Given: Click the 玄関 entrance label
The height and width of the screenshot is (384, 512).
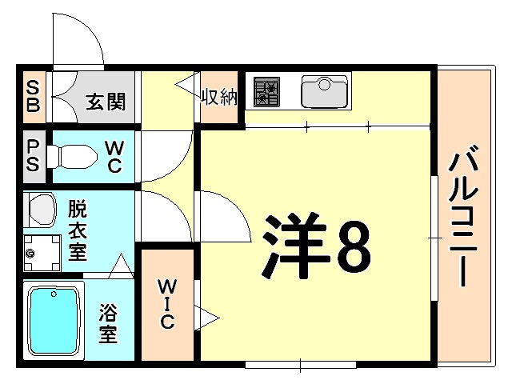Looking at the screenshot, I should [x=105, y=102].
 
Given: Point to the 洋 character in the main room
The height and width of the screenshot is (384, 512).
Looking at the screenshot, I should [x=293, y=244].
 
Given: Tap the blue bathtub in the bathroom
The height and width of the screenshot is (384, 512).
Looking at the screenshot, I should [x=54, y=319].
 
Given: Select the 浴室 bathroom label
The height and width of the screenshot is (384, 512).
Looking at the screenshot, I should [x=108, y=321].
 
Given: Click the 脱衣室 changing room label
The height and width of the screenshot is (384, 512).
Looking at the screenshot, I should [x=77, y=230].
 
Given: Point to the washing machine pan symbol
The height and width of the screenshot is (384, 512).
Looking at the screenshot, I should [x=42, y=253].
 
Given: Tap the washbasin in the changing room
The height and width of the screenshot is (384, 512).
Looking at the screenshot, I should [x=40, y=210].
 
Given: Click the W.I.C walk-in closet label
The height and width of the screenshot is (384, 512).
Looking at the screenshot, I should [x=167, y=303].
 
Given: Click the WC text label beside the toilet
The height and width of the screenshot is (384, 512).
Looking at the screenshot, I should [x=114, y=155].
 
